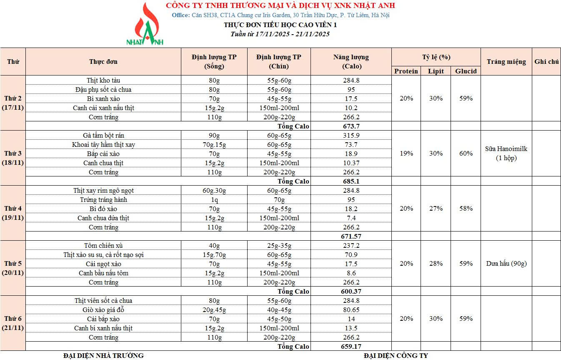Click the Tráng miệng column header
[x=506, y=62]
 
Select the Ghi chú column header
[x=546, y=62]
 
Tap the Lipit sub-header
[x=436, y=71]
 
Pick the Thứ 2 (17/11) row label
[x=13, y=103]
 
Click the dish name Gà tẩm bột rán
[x=103, y=136]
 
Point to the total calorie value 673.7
[x=351, y=126]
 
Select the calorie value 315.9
[x=351, y=136]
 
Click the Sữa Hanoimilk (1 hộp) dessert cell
[x=506, y=154]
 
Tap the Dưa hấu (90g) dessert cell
[x=506, y=264]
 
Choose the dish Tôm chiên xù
[x=103, y=246]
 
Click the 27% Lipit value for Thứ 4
[x=436, y=209]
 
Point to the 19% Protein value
[x=406, y=154]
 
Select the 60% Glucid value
[x=466, y=154]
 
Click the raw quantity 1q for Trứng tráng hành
[x=214, y=200]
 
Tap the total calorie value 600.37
[x=351, y=292]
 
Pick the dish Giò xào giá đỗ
[x=103, y=310]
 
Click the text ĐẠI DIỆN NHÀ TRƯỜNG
[x=103, y=356]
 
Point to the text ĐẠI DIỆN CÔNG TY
[x=396, y=356]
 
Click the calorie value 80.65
[x=351, y=310]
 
